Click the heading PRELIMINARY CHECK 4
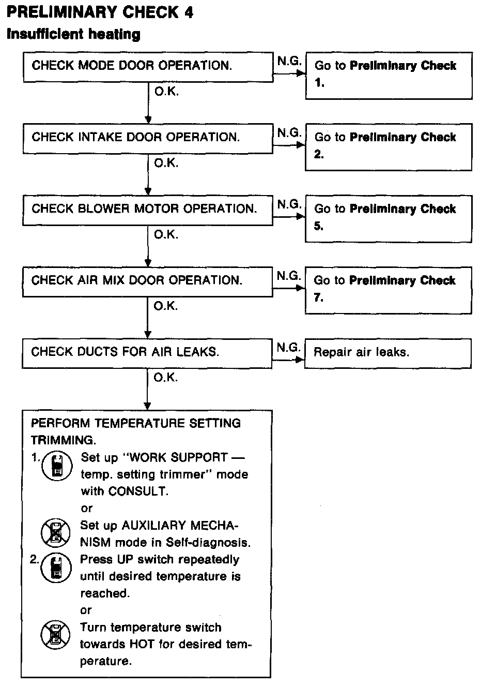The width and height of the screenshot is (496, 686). [x=100, y=12]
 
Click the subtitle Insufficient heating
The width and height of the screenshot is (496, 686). [x=73, y=35]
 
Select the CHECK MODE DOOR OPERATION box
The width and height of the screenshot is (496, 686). [x=148, y=66]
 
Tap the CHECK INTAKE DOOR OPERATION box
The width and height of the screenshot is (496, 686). [x=148, y=138]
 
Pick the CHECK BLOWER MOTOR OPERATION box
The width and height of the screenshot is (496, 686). [x=148, y=210]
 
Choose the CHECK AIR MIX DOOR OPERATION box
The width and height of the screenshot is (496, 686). [x=148, y=281]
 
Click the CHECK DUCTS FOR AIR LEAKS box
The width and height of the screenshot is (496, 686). [x=148, y=353]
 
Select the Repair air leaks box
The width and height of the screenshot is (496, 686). [x=388, y=353]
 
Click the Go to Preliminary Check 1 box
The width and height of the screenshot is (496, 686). [x=389, y=75]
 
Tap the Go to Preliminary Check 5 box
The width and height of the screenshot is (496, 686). [x=389, y=218]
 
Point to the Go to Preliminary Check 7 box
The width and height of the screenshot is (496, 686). [x=389, y=290]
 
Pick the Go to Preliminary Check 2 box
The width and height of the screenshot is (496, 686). [x=389, y=146]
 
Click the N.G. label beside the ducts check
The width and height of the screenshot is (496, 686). [x=288, y=348]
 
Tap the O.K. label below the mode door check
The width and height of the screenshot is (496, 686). [x=166, y=92]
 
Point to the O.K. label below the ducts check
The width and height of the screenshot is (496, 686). [x=166, y=378]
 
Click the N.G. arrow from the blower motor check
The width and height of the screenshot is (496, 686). [x=289, y=216]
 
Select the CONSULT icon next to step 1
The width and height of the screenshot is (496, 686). [x=56, y=465]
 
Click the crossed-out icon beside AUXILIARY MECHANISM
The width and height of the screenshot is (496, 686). [x=56, y=533]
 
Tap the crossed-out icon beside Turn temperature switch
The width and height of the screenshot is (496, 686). [x=55, y=635]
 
